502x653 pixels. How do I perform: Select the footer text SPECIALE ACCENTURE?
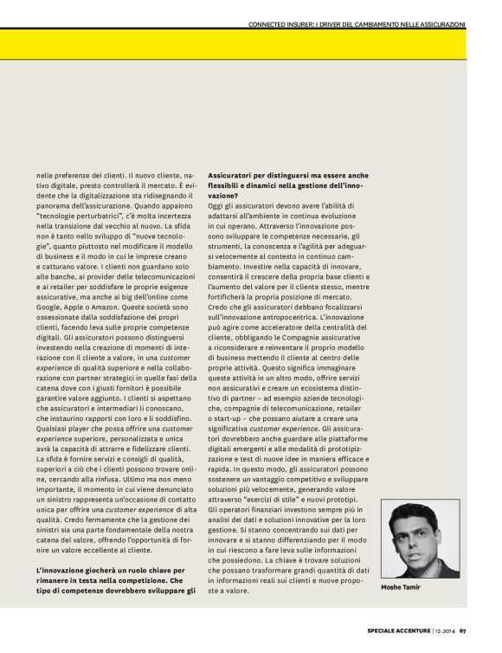coord(388,630)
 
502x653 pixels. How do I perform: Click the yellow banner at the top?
coord(251,44)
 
